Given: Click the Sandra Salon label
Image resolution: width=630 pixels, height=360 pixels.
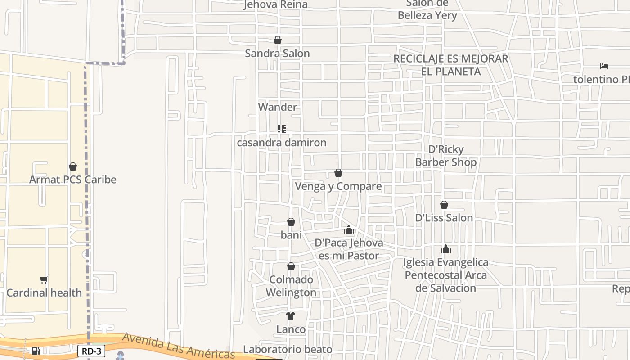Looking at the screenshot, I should pos(277,54).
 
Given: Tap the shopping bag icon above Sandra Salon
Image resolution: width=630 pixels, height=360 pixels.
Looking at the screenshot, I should pos(278,40).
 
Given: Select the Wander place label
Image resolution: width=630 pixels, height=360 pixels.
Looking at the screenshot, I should pos(278,107).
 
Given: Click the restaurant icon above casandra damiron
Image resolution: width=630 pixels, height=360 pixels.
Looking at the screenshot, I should pos(282,129).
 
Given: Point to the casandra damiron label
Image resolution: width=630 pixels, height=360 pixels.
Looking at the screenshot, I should pos(282,143).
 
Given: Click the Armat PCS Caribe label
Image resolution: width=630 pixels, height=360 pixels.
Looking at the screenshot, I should pos(73,180).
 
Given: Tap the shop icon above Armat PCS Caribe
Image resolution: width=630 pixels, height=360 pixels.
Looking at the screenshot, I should pos(73,166).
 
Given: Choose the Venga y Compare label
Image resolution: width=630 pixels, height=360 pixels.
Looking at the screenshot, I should pos(338,186).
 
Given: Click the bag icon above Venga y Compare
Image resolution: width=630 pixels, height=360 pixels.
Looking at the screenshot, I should pos(338,173).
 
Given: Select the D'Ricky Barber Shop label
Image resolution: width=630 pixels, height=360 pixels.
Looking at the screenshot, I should pos(445,156).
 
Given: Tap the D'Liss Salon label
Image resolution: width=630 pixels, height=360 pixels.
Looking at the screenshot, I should pos(444,218).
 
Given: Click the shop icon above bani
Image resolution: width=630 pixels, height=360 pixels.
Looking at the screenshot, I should pos(291,222).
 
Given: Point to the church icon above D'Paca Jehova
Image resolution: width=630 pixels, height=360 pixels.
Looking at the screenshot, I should pos(349,230).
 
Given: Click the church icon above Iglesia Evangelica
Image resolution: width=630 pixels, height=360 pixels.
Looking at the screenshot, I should pos(446,249).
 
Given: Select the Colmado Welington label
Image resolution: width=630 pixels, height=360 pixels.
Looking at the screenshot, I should pos(291,286).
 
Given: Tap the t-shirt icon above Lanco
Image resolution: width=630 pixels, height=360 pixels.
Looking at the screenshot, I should pos(291,316).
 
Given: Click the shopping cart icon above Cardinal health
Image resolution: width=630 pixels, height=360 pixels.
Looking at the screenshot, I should pos(44,279).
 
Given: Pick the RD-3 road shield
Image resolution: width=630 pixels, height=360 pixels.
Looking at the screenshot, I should pos(91,351).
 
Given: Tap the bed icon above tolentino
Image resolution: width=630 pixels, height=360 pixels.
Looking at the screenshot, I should pos(604,66).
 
